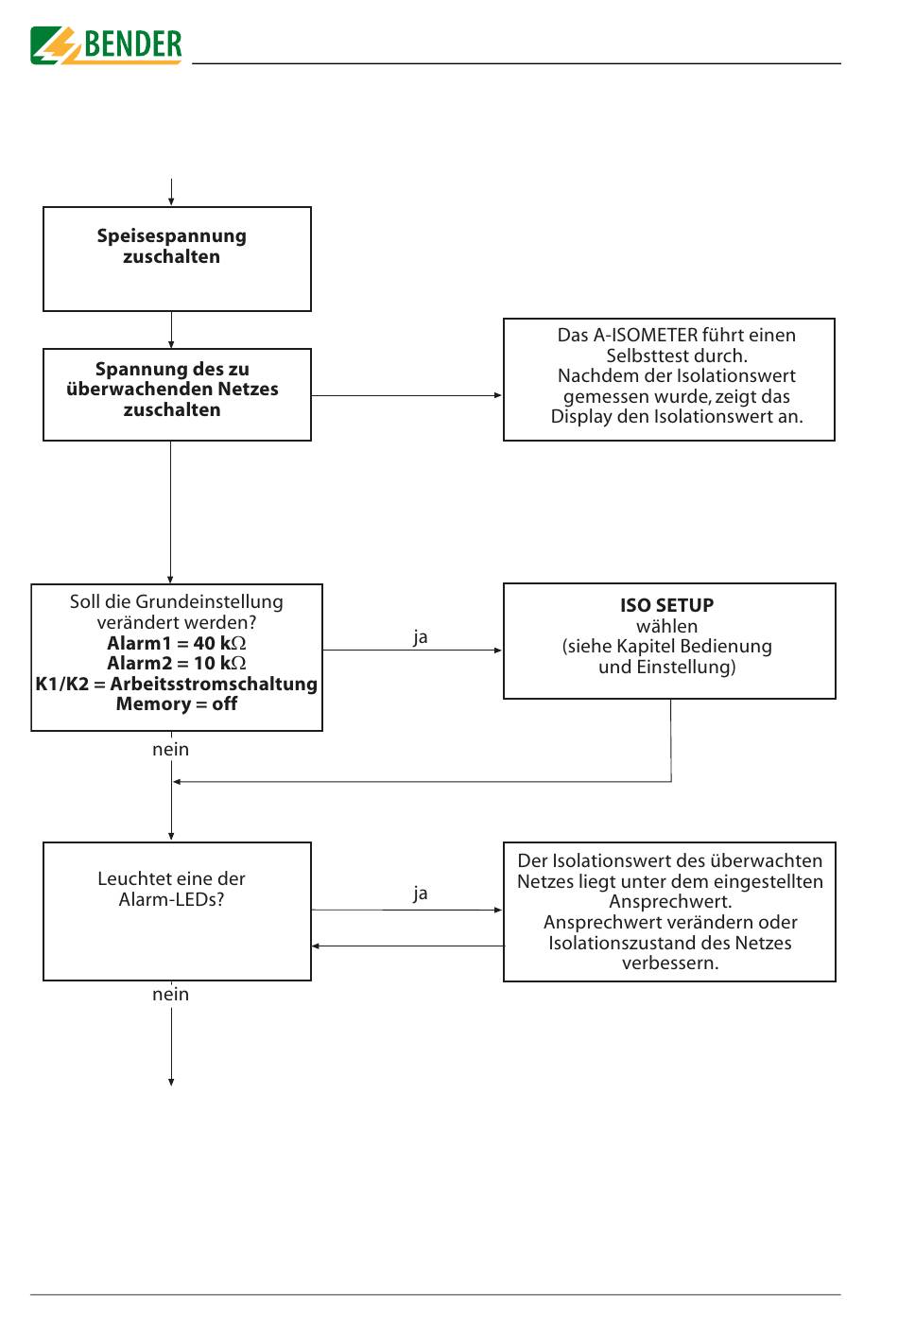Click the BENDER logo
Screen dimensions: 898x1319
point(106,45)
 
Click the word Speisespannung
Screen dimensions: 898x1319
point(171,236)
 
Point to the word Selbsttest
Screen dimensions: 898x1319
point(648,356)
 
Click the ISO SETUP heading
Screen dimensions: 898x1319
point(666,605)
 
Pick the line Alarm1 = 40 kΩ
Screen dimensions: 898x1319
point(177,643)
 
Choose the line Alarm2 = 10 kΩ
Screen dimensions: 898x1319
point(177,663)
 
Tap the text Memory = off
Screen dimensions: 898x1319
point(177,703)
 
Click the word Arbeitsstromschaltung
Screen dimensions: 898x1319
point(214,684)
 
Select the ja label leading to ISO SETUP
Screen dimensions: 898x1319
point(420,637)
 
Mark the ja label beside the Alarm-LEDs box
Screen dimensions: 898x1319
point(420,894)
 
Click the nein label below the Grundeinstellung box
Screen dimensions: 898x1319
point(171,750)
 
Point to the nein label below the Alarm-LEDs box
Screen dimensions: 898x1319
point(171,995)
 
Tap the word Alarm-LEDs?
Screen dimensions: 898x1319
point(171,899)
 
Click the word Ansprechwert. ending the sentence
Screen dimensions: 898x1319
point(670,901)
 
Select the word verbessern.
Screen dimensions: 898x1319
point(670,963)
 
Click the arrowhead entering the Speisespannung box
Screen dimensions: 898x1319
point(171,202)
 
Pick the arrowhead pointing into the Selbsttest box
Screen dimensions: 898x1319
point(498,395)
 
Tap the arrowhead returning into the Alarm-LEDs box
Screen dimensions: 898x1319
point(316,946)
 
